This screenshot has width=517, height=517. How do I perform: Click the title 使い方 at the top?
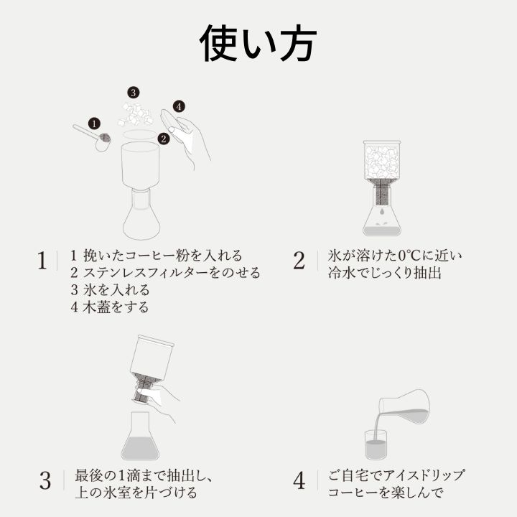[258, 44]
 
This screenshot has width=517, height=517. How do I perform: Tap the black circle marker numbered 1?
[94, 124]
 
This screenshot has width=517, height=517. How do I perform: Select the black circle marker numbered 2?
[164, 139]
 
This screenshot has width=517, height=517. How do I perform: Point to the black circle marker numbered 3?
[134, 93]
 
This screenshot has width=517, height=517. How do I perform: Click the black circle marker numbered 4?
[179, 106]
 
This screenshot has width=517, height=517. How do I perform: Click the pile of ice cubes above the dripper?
[136, 115]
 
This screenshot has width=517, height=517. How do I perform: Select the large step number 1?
[42, 261]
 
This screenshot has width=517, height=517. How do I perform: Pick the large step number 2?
[299, 261]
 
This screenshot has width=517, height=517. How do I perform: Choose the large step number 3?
[45, 480]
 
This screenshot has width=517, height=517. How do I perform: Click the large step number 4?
[299, 480]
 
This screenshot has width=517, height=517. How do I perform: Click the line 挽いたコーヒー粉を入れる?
[163, 256]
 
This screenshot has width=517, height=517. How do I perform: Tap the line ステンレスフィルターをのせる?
[172, 273]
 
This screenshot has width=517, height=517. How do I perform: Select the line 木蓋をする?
[116, 307]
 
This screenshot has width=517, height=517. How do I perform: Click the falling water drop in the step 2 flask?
[381, 210]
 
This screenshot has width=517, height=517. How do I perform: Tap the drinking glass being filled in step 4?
[376, 444]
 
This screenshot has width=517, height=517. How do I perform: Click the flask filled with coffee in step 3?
[140, 436]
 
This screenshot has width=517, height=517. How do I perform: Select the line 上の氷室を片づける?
[136, 493]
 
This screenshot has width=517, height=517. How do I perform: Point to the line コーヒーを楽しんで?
[385, 493]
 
